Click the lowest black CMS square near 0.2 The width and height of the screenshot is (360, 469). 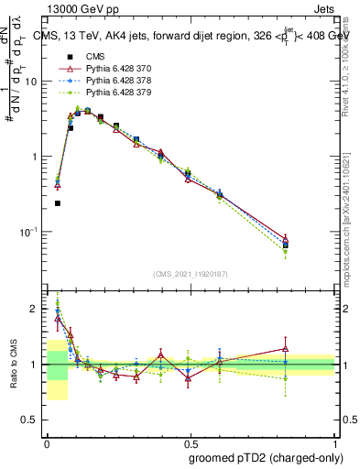pyautogui.click(x=58, y=203)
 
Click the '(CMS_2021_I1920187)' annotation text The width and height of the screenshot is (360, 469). pyautogui.click(x=191, y=274)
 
